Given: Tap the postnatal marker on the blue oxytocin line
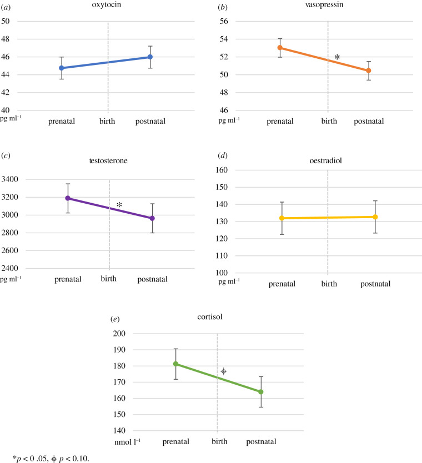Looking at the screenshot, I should (150, 57).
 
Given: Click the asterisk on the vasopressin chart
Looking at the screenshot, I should (336, 57).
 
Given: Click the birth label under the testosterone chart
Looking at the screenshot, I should (109, 278).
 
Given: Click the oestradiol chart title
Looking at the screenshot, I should (328, 161).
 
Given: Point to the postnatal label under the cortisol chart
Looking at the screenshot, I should (260, 442).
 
